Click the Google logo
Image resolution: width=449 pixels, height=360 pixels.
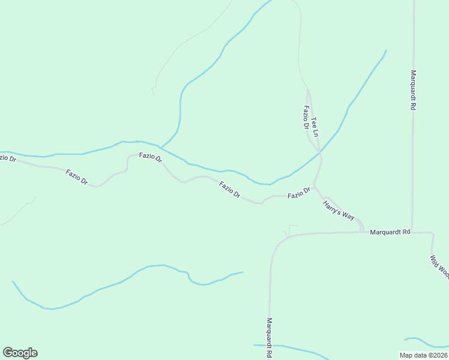pyautogui.click(x=20, y=353)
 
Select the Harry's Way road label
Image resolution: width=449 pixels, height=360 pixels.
pyautogui.click(x=339, y=211)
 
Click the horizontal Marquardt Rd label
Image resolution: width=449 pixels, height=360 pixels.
pyautogui.click(x=390, y=232)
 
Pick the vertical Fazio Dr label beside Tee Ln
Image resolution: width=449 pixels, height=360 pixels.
pyautogui.click(x=306, y=118)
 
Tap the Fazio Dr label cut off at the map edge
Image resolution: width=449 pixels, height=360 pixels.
pyautogui.click(x=7, y=158)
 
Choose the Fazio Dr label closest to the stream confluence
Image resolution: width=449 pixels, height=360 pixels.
pyautogui.click(x=151, y=157)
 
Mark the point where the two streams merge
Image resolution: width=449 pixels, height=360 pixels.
pyautogui.click(x=160, y=147)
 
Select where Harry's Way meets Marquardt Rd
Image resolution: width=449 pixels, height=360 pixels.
pyautogui.click(x=363, y=231)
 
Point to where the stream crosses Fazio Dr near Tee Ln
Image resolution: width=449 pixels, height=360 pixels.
pyautogui.click(x=320, y=154)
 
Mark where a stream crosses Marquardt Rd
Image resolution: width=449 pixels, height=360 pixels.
pyautogui.click(x=270, y=346)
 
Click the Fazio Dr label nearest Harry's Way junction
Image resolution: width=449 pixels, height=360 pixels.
pyautogui.click(x=298, y=194)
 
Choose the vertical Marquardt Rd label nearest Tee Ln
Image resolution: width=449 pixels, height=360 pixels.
pyautogui.click(x=413, y=91)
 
